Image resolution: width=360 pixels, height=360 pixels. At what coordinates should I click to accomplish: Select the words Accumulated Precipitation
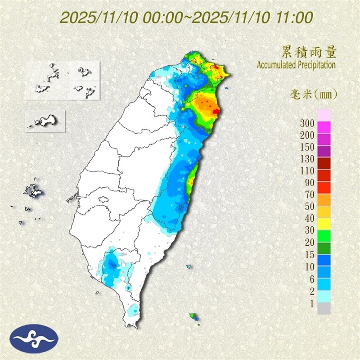tap(296, 65)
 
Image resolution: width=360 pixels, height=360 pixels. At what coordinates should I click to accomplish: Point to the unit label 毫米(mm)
tap(313, 94)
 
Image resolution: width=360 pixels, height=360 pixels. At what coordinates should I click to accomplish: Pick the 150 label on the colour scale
tap(308, 147)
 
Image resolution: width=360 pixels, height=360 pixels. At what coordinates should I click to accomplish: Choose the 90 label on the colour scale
tap(310, 182)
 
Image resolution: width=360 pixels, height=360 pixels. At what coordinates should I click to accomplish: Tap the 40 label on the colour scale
tap(310, 218)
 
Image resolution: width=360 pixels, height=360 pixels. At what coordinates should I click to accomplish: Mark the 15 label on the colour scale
tap(310, 254)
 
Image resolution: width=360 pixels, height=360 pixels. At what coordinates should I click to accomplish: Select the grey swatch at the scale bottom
tap(324, 308)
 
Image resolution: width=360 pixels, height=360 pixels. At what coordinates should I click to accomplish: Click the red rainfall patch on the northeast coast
tap(216, 109)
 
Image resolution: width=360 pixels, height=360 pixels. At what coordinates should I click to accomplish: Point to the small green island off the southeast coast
tap(193, 316)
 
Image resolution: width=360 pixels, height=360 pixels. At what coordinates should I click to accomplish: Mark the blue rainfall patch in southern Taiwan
tap(110, 265)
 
